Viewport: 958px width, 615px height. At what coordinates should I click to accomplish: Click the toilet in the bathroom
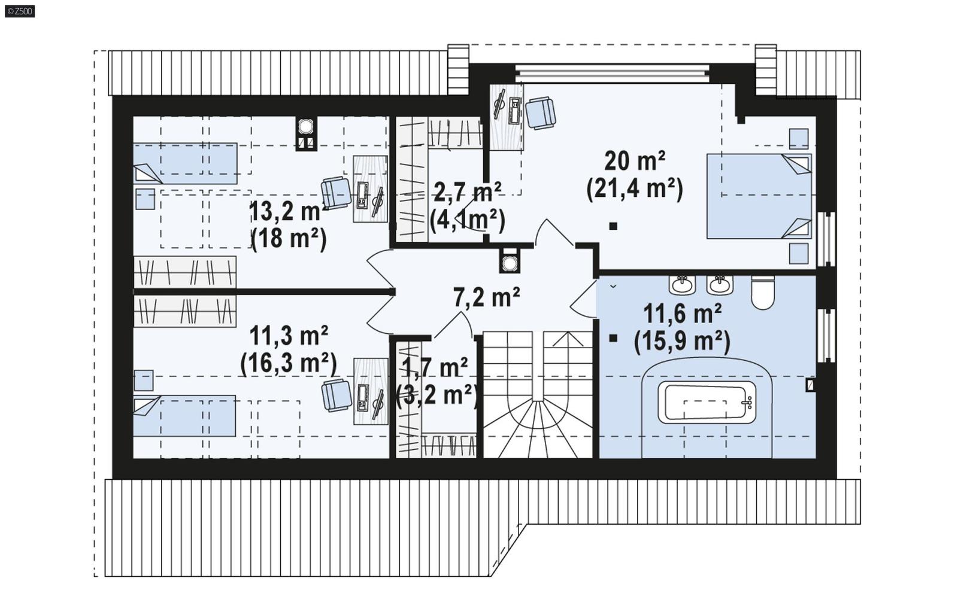pyautogui.click(x=762, y=293)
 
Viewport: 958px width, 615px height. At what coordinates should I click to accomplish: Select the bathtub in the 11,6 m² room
pyautogui.click(x=707, y=402)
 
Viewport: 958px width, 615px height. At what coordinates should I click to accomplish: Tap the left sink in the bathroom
pyautogui.click(x=682, y=285)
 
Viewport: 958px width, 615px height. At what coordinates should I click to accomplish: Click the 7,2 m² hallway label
pyautogui.click(x=486, y=297)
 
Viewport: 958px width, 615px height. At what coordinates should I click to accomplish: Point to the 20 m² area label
pyautogui.click(x=635, y=162)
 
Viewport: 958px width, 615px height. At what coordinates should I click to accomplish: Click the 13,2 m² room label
pyautogui.click(x=287, y=211)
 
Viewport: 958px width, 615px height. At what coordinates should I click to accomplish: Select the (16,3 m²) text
pyautogui.click(x=288, y=363)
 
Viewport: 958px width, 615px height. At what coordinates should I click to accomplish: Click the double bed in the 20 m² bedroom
pyautogui.click(x=759, y=196)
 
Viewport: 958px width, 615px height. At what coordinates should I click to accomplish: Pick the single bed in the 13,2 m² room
pyautogui.click(x=184, y=163)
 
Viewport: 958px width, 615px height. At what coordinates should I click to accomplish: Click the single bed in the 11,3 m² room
pyautogui.click(x=184, y=415)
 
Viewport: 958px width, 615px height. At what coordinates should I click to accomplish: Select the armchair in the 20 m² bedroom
pyautogui.click(x=541, y=112)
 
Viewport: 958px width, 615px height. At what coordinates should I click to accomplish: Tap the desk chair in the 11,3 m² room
pyautogui.click(x=336, y=395)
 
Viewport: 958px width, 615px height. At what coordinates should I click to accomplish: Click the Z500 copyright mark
pyautogui.click(x=20, y=10)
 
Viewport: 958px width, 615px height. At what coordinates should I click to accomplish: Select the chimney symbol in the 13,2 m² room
pyautogui.click(x=306, y=134)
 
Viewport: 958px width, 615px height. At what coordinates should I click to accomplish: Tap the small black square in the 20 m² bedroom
pyautogui.click(x=613, y=226)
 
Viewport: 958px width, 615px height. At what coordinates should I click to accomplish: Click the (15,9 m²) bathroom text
pyautogui.click(x=682, y=342)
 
